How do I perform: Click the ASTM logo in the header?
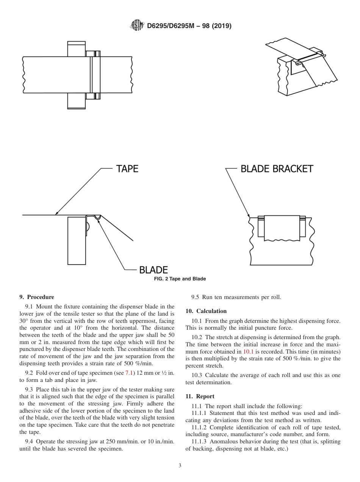pos(137,26)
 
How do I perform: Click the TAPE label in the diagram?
pos(127,169)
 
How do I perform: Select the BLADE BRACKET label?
pos(277,169)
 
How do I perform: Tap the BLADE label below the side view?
pos(153,270)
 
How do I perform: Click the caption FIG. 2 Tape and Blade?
pos(180,279)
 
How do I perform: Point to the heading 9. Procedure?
pos(37,297)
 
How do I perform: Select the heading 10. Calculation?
pos(206,311)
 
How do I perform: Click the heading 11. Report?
pos(200,396)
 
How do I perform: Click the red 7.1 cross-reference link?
pos(129,373)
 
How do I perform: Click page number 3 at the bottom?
pos(180,466)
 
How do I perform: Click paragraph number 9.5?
pos(196,297)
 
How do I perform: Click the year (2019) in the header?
pos(219,26)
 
